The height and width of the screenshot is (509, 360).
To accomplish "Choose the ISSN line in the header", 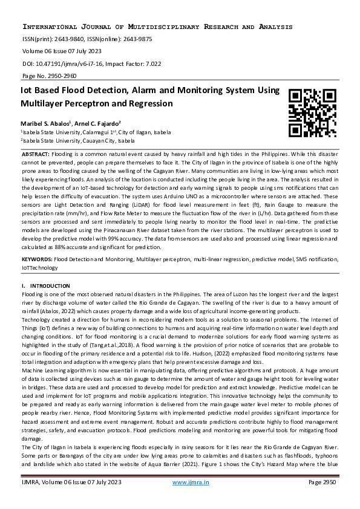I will tap(87, 39).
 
